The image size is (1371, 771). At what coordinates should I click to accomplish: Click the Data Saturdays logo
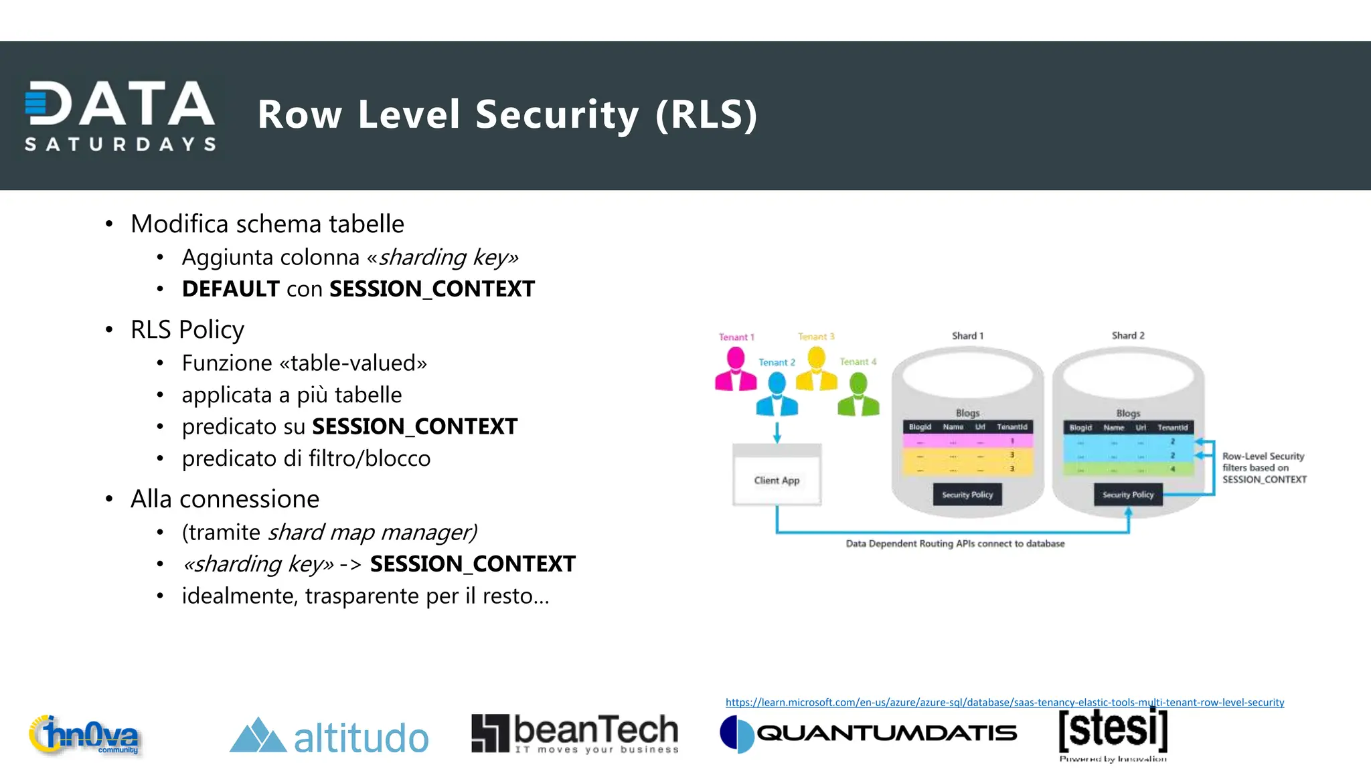point(120,115)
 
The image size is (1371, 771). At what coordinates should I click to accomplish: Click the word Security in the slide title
point(557,114)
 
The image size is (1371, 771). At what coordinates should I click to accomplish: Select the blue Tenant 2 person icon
point(777,395)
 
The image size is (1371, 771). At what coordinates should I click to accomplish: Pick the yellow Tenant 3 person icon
point(817,369)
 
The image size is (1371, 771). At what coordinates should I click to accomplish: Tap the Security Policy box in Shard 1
point(967,495)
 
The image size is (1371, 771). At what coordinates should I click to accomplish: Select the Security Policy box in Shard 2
point(1128,495)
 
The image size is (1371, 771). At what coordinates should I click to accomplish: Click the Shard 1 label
point(967,336)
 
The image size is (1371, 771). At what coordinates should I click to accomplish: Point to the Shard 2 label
point(1128,335)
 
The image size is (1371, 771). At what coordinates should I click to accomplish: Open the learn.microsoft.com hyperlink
point(1004,702)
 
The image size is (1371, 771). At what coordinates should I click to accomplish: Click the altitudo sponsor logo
point(329,737)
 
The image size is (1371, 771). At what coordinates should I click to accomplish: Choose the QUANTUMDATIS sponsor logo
point(868,734)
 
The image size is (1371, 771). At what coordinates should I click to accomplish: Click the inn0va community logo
point(85,736)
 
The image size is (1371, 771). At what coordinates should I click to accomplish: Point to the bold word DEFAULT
point(230,289)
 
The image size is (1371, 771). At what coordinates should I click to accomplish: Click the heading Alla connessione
point(225,499)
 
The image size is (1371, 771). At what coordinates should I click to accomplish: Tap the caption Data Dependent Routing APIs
point(955,543)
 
